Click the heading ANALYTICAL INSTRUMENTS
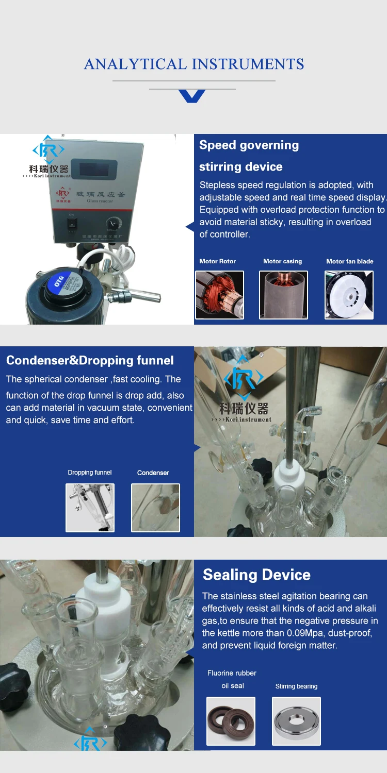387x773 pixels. [193, 64]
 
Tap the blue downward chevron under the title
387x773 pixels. [192, 96]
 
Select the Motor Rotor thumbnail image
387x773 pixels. [219, 295]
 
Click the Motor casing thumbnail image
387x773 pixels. [283, 295]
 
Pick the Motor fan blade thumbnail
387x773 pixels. [349, 295]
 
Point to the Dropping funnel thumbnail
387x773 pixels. [90, 508]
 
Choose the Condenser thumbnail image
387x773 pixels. [155, 508]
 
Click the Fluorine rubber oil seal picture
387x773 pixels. [231, 721]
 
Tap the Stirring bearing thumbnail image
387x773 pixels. [296, 721]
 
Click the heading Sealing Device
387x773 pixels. [256, 575]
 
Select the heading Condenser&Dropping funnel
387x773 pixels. [90, 360]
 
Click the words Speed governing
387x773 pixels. [249, 145]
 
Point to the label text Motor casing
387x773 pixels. [282, 261]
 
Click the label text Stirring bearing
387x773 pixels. [296, 686]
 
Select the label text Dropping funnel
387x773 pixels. [90, 473]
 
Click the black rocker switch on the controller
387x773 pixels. [73, 224]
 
